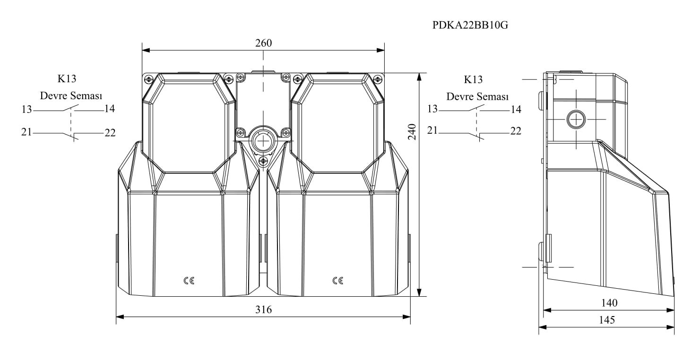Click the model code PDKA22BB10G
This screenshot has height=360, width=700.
(470, 25)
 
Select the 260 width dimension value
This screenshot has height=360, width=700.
(263, 43)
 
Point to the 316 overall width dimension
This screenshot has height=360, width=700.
(263, 309)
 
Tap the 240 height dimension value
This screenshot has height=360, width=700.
(412, 132)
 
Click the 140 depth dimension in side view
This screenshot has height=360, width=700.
(609, 302)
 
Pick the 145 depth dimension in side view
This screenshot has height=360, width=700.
(607, 320)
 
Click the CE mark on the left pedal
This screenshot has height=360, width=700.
(189, 281)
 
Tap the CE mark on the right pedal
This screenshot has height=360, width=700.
(338, 281)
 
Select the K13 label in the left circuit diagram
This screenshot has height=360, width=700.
(67, 79)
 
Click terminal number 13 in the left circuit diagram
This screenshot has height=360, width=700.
(26, 109)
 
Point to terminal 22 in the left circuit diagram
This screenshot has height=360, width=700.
(110, 133)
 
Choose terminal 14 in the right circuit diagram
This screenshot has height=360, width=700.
(516, 109)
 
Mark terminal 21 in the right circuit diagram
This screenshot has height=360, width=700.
(432, 130)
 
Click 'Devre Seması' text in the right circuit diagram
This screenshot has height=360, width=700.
(477, 96)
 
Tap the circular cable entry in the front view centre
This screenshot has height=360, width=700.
(263, 142)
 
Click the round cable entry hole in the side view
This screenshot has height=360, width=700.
(576, 119)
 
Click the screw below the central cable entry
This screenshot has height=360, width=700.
(263, 161)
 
